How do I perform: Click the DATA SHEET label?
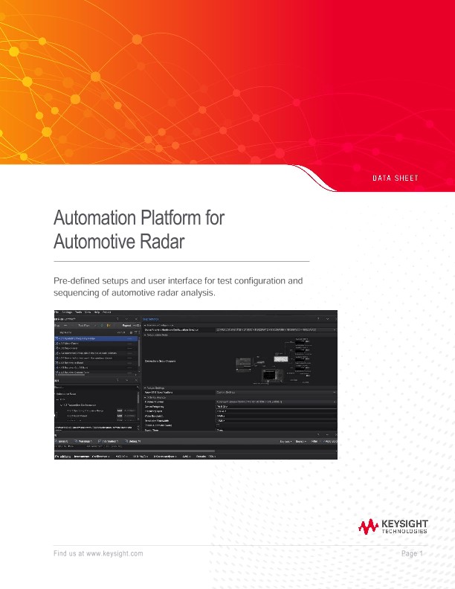(395, 178)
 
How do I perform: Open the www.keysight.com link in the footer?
(114, 555)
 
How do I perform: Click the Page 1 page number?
(412, 555)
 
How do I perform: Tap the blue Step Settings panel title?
(151, 319)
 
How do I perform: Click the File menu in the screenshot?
(57, 312)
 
